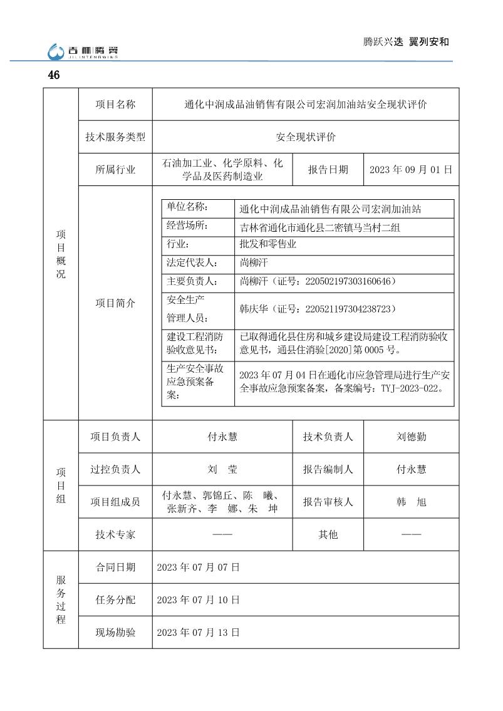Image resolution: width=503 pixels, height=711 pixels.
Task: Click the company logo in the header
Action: [83, 51]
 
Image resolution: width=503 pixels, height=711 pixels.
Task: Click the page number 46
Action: [53, 75]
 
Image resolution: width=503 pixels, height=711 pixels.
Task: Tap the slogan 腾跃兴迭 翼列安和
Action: [406, 42]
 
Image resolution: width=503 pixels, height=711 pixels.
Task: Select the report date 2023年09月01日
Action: [411, 170]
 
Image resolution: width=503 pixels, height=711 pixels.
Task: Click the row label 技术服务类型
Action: [115, 137]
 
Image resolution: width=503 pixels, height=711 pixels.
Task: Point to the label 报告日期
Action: [328, 170]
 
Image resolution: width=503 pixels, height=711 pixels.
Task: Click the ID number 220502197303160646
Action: [350, 282]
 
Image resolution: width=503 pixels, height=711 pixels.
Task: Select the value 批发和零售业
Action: [268, 244]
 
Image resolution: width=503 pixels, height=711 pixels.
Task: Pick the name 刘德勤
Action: [411, 437]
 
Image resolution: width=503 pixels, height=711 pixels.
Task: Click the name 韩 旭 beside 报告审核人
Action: [411, 502]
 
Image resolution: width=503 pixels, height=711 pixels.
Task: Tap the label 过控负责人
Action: [115, 469]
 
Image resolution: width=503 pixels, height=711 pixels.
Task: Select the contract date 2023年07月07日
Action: [199, 568]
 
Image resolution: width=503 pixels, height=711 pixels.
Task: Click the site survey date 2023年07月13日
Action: [199, 633]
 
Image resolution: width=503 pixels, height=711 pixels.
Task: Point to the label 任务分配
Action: [115, 600]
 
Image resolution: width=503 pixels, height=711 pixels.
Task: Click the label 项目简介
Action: [115, 303]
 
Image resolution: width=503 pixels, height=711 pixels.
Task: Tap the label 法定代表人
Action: [192, 262]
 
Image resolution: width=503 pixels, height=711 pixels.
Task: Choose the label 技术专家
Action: [115, 534]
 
